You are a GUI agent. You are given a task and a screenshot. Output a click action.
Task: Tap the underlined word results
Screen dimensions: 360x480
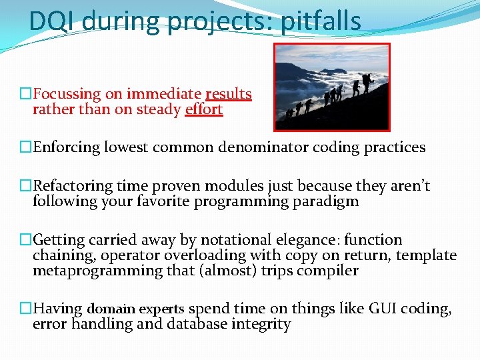coord(229,94)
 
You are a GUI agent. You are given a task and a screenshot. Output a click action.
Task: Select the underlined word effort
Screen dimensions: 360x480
coord(203,109)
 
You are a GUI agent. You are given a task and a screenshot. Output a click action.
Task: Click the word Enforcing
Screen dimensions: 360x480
coord(67,147)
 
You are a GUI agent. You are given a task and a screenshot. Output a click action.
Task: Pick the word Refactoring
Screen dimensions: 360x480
coord(73,187)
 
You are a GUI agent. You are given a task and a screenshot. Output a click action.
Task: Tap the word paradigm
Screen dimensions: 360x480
coord(327,201)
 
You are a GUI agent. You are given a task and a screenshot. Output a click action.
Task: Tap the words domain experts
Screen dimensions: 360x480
coord(136,309)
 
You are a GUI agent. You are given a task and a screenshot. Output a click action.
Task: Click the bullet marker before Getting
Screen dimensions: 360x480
coord(25,240)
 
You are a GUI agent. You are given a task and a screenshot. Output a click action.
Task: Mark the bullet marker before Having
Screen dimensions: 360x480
coord(25,309)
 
